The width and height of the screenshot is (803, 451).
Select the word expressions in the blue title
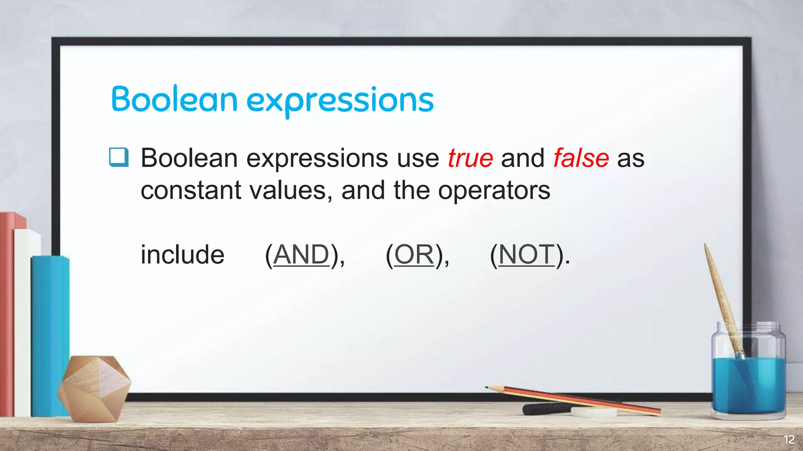coord(340,101)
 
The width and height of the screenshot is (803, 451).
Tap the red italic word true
coord(470,158)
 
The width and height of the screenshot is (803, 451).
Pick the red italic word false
coord(581,158)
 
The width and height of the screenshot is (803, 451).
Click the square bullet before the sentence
coord(118,157)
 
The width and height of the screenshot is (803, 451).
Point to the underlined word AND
coord(301,254)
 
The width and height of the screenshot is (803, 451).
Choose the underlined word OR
coord(414,254)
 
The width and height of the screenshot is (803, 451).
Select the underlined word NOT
coord(527,254)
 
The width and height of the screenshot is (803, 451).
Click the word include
coord(182,255)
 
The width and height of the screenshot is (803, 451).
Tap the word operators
coord(494,191)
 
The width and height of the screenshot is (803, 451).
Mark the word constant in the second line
coord(191,191)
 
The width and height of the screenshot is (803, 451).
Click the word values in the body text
coord(288,191)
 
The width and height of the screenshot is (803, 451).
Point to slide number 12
coord(789,440)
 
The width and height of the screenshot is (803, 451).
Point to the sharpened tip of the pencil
coord(487,388)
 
